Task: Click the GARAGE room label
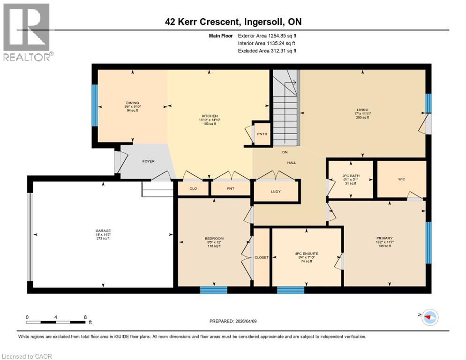click(x=103, y=231)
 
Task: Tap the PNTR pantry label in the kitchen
click(x=262, y=134)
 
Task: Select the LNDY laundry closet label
click(x=276, y=191)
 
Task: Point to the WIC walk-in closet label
click(x=401, y=179)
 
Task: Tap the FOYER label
click(x=148, y=161)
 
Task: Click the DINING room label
click(x=132, y=103)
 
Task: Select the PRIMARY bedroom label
click(x=384, y=238)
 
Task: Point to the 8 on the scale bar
click(x=85, y=317)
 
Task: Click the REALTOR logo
click(x=27, y=33)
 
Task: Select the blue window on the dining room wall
click(x=94, y=105)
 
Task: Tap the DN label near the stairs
click(x=284, y=152)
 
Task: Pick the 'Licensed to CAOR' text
click(x=27, y=356)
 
